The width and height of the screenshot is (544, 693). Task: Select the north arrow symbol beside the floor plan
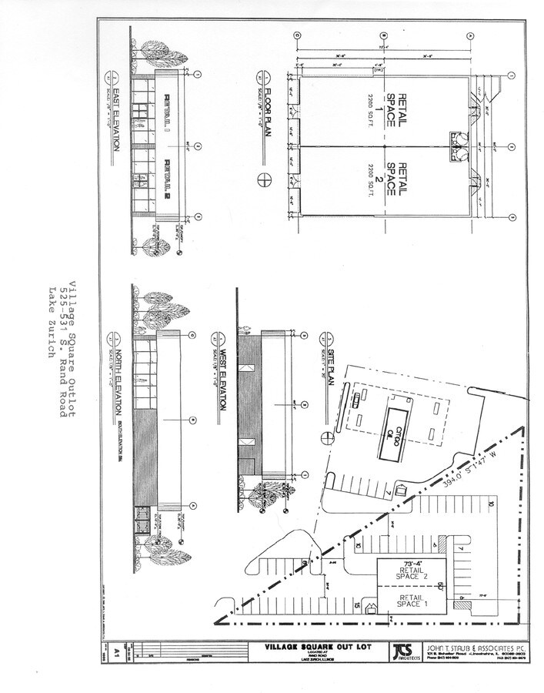pos(265,179)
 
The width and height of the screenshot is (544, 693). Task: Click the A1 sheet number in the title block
pos(116,650)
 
